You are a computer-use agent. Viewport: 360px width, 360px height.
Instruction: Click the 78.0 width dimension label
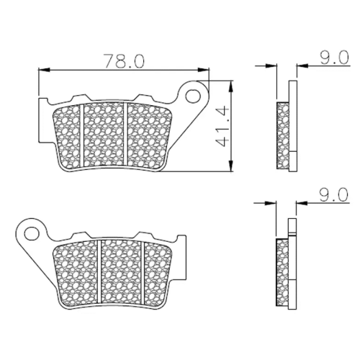pos(124,60)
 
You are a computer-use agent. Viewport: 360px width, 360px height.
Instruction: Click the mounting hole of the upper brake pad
pos(193,96)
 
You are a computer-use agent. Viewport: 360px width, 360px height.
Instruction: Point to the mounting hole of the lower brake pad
pos(32,233)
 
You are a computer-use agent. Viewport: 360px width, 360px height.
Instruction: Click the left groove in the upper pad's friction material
pos(81,135)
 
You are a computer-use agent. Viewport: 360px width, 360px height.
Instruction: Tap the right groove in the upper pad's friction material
pos(125,135)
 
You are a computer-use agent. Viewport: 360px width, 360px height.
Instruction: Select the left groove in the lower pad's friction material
pos(99,271)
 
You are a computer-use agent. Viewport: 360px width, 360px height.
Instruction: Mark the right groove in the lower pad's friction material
pos(143,272)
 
